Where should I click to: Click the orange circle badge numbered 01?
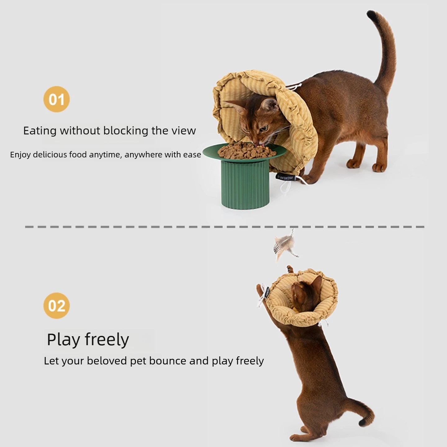[56, 99]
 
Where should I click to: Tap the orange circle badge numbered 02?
[56, 305]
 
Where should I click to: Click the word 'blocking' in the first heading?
[126, 131]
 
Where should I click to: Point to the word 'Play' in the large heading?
[63, 340]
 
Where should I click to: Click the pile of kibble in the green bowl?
[246, 151]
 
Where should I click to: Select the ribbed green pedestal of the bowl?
[245, 184]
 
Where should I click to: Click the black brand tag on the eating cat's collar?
[286, 178]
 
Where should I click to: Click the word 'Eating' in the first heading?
[40, 131]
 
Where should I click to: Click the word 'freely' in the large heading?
[107, 340]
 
